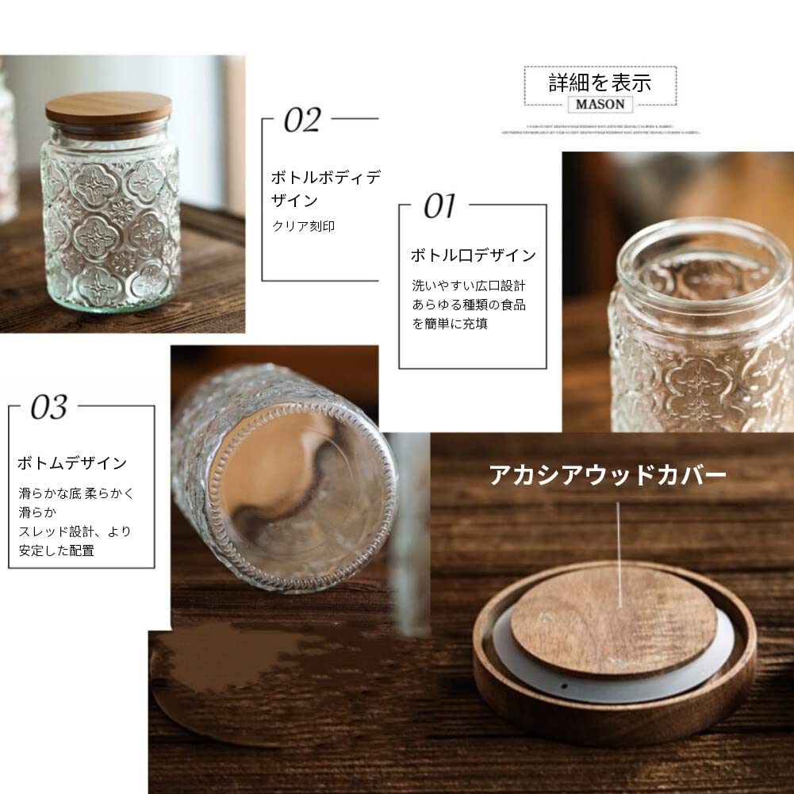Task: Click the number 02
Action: [302, 121]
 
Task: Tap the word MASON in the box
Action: [600, 104]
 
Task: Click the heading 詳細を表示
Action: [600, 82]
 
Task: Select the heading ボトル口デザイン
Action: [473, 255]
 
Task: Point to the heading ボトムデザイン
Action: [72, 463]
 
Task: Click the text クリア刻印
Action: [303, 226]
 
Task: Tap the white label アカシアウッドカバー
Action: [607, 475]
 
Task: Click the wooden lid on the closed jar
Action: [109, 109]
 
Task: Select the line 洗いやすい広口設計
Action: [469, 285]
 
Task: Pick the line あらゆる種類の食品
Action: [469, 305]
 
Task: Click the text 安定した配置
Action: [56, 550]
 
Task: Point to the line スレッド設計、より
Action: [75, 531]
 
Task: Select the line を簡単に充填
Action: [449, 324]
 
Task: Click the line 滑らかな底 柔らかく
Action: [77, 493]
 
